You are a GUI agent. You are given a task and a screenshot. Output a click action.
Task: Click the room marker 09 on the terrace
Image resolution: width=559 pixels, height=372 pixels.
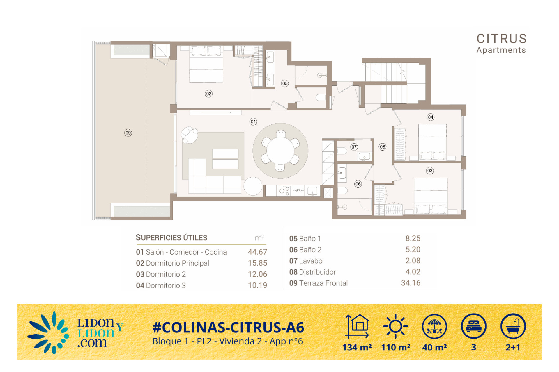click(x=128, y=133)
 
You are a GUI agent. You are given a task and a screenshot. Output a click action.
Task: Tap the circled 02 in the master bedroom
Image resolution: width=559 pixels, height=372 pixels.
click(x=209, y=94)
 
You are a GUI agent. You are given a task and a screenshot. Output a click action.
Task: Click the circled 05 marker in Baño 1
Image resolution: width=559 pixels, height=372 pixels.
click(x=285, y=83)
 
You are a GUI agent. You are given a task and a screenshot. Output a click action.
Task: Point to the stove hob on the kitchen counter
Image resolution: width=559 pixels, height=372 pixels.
click(x=284, y=191)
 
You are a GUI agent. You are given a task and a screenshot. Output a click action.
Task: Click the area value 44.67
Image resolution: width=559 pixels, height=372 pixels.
click(x=257, y=252)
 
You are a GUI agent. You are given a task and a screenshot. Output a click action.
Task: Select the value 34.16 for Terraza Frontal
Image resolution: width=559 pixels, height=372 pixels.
click(x=411, y=283)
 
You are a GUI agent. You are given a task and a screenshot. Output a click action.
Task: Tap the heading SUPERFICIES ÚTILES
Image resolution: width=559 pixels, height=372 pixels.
click(x=171, y=238)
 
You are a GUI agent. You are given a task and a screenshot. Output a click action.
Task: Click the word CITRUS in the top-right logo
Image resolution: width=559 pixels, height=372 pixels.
click(x=502, y=39)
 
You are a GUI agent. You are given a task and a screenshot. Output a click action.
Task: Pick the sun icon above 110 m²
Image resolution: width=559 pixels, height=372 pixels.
click(x=395, y=326)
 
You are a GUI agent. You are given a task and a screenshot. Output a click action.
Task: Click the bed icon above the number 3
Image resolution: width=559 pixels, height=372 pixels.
click(x=474, y=326)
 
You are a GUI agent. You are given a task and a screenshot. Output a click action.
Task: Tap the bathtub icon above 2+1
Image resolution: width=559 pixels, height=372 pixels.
click(x=513, y=326)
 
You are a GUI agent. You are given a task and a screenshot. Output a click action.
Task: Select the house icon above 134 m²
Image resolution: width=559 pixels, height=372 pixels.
click(x=357, y=326)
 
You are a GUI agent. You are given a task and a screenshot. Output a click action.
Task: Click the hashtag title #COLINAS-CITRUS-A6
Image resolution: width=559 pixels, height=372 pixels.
click(x=228, y=328)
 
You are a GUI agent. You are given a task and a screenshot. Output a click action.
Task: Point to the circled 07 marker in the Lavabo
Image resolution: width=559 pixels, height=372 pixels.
click(x=354, y=147)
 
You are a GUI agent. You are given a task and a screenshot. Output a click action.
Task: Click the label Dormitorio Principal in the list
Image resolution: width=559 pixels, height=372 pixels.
click(x=177, y=263)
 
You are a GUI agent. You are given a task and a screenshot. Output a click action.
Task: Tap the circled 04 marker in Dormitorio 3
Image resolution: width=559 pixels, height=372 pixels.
click(x=431, y=117)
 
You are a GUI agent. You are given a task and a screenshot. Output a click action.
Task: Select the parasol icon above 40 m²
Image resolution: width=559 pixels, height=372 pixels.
click(x=434, y=326)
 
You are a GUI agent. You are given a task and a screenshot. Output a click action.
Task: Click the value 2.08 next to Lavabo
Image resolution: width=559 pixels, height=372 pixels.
click(x=413, y=261)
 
